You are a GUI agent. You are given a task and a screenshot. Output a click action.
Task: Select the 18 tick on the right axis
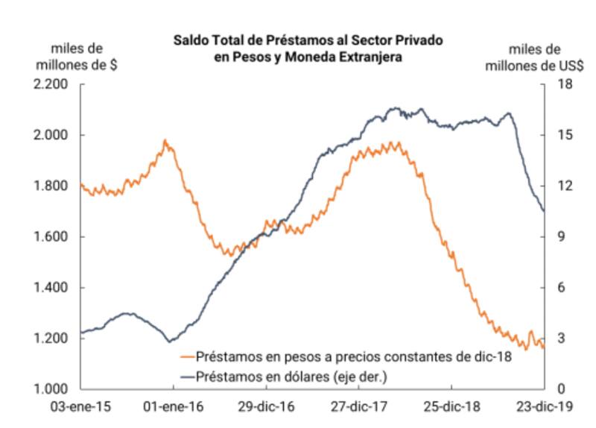pos(559,84)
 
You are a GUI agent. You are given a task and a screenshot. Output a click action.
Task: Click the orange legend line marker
pos(188,357)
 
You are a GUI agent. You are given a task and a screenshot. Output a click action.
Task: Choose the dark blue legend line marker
pos(188,377)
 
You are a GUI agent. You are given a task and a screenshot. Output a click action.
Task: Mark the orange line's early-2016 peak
pos(165,140)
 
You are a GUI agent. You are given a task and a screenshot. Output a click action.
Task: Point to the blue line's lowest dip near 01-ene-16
pos(171,342)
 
